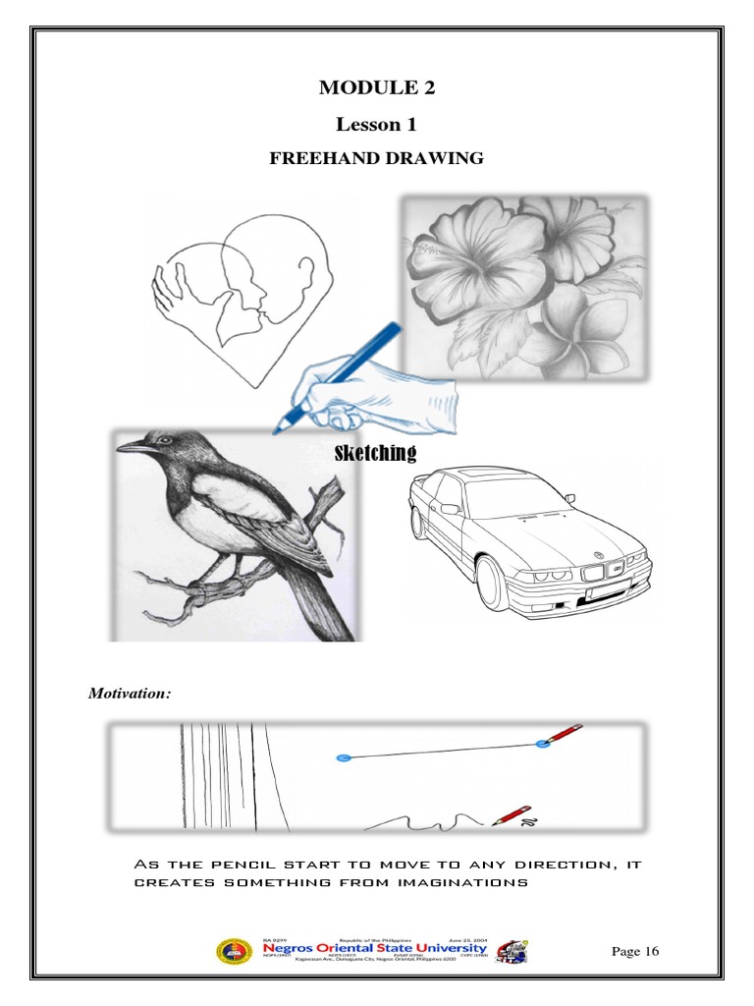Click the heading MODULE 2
(376, 88)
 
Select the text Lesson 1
(376, 124)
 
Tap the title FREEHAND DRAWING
(377, 158)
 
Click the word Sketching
(376, 453)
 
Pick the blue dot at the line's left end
(343, 758)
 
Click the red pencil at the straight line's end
(562, 735)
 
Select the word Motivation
(130, 694)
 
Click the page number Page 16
(635, 951)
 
